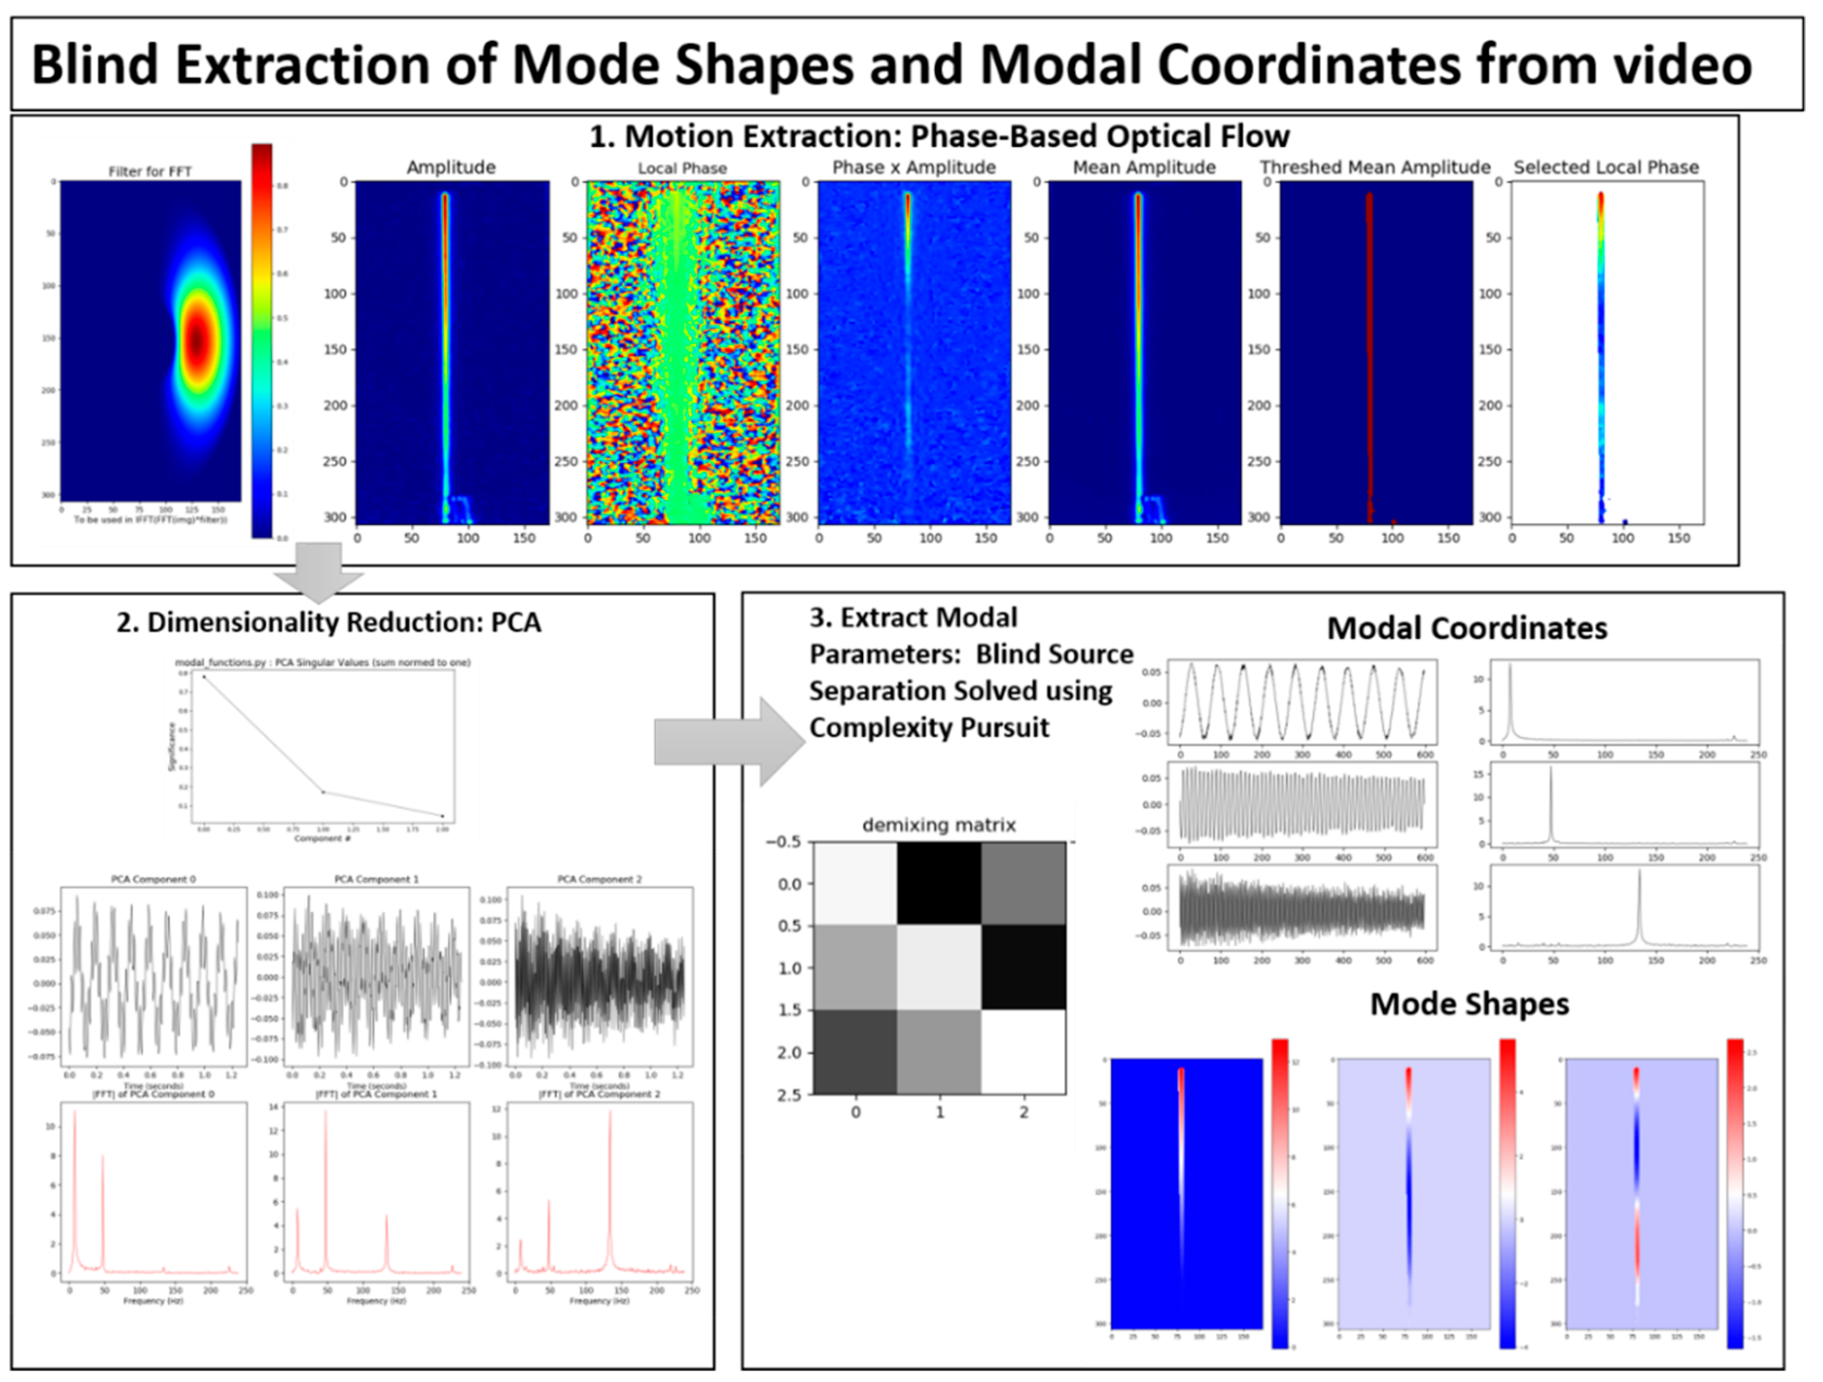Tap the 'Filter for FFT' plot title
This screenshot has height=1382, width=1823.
tap(150, 172)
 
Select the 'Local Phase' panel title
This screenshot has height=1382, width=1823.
tap(682, 168)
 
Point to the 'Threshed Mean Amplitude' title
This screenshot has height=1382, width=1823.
tap(1375, 167)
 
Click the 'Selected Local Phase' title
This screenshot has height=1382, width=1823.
tap(1605, 167)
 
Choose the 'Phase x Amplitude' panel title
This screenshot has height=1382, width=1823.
tap(913, 167)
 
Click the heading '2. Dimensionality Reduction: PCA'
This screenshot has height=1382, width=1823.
tap(328, 622)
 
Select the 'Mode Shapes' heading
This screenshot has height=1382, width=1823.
tap(1469, 1004)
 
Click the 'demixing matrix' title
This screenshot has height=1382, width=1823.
tap(938, 825)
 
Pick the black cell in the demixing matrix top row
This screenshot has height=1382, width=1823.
tap(939, 882)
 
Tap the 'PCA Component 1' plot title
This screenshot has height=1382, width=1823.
tap(376, 879)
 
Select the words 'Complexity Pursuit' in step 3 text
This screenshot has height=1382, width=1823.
tap(929, 728)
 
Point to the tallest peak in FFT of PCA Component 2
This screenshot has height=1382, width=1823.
tap(610, 1113)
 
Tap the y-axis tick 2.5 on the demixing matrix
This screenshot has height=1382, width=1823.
tap(789, 1094)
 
